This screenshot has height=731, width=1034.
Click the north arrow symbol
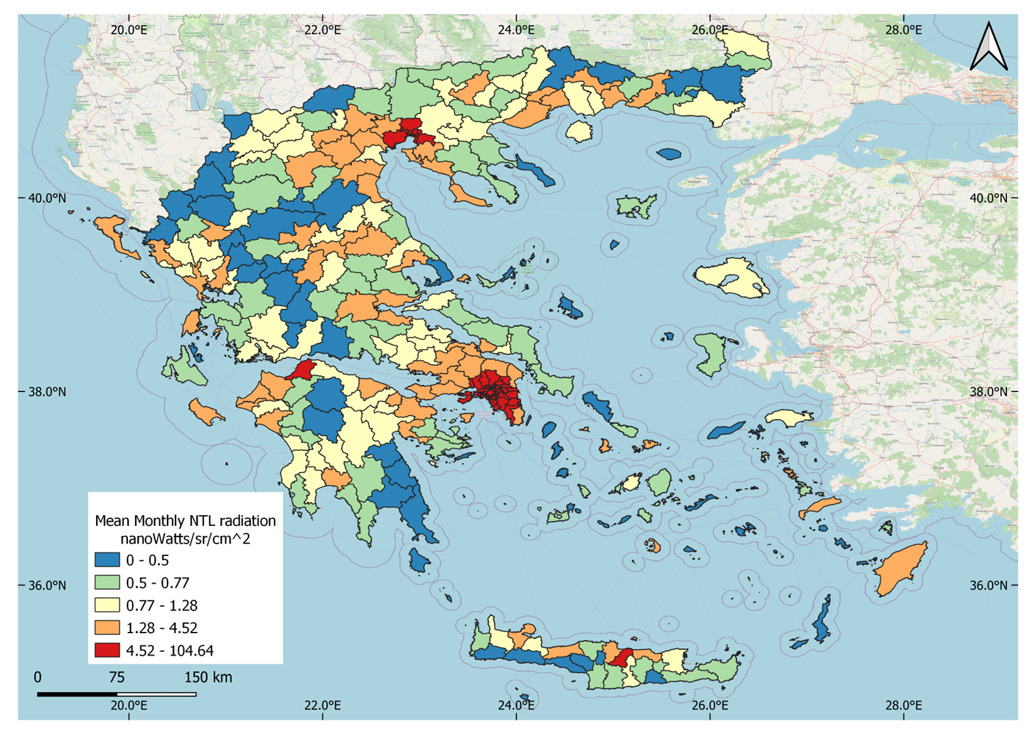coord(989,46)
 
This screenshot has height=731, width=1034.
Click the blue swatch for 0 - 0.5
coord(107,560)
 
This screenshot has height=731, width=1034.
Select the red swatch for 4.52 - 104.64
coord(107,650)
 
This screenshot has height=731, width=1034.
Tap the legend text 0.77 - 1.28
coord(161,606)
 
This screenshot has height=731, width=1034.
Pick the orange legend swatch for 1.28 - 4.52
coord(107,627)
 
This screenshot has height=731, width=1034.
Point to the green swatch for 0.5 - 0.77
coord(107,582)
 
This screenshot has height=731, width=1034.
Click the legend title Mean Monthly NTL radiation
coord(185,520)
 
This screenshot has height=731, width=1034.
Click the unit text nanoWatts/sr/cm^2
coord(185,538)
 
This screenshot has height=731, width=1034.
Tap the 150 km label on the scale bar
coord(208,677)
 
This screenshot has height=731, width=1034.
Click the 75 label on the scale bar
coord(117,677)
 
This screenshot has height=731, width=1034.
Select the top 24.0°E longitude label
coord(516,29)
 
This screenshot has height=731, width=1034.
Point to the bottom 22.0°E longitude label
coord(322,705)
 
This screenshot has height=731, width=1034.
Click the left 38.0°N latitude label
coord(47,392)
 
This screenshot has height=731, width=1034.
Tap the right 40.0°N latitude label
coord(988,198)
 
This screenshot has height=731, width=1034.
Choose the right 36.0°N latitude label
coord(988,585)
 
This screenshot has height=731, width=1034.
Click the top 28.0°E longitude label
coord(903,29)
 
